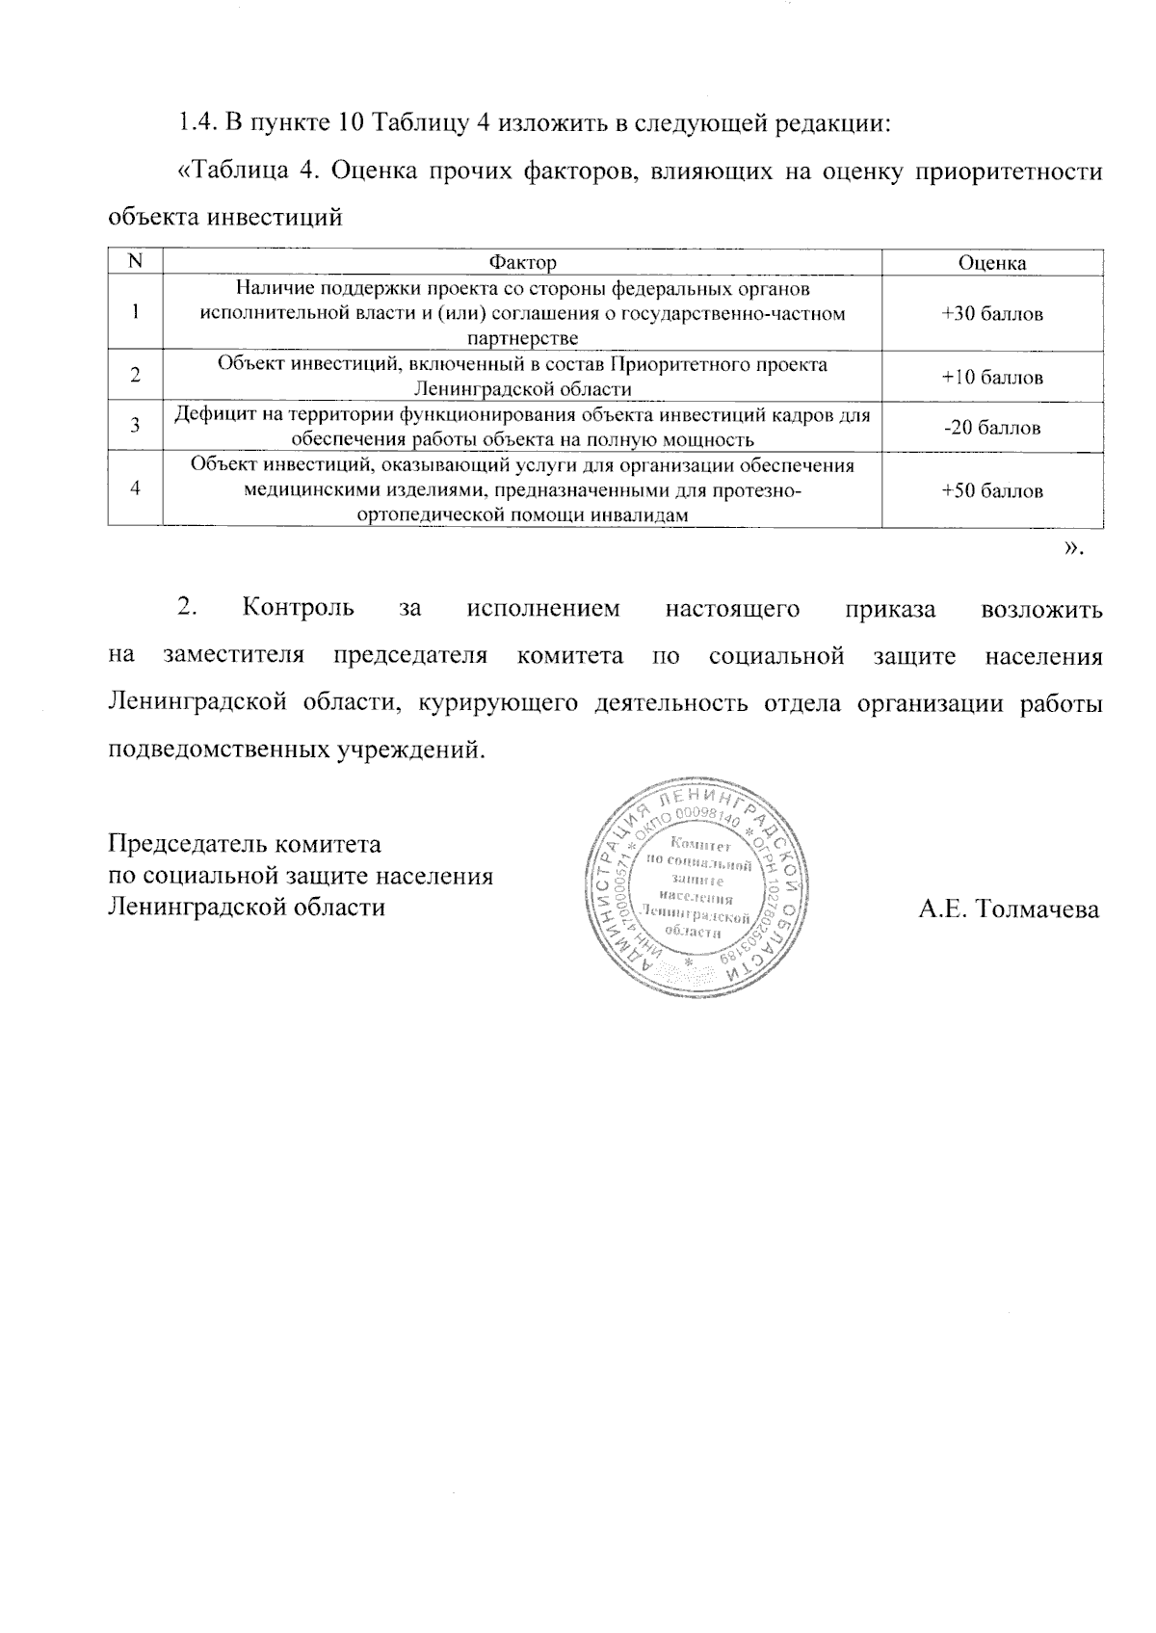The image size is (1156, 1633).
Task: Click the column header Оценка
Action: pos(991,263)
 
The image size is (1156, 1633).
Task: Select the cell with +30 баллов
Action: pos(992,314)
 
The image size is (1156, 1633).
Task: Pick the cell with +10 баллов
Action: pos(992,377)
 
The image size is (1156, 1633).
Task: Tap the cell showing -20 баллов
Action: pos(992,428)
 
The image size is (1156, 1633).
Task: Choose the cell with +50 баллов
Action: pos(992,490)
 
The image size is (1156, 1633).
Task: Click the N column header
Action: pos(135,262)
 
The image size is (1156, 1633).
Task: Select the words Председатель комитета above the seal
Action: pos(244,844)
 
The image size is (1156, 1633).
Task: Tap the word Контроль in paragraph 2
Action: pos(299,609)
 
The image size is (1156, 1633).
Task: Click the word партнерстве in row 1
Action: pos(522,338)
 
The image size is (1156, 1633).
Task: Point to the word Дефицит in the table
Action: pos(206,416)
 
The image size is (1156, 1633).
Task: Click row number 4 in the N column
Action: pos(135,488)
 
